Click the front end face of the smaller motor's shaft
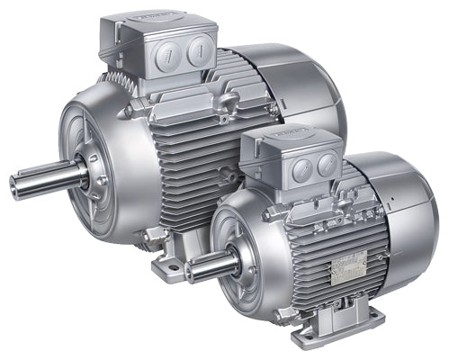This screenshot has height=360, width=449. [x=190, y=267]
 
